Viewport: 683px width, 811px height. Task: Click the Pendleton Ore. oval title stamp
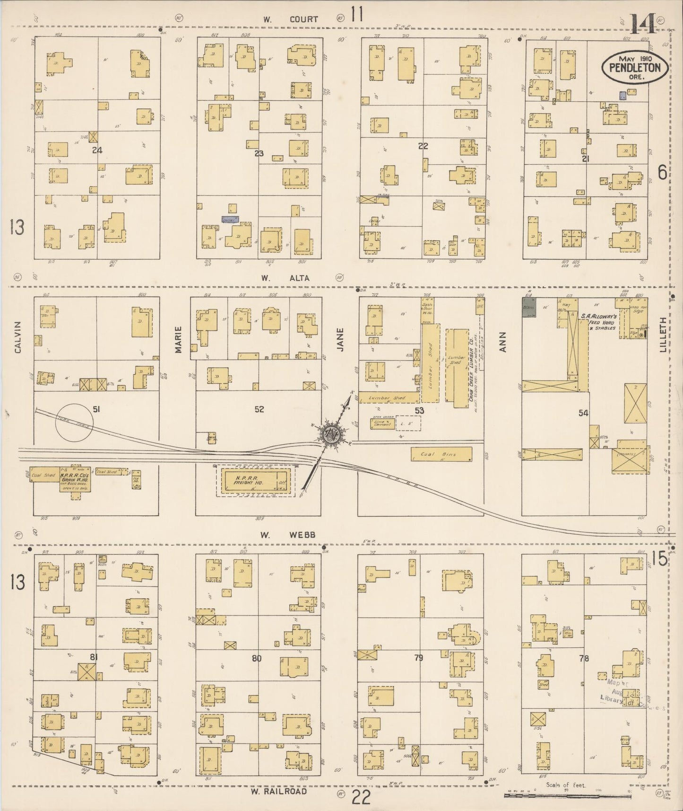[634, 67]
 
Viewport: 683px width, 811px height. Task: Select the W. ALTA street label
[286, 278]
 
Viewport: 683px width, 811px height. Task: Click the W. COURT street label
[290, 19]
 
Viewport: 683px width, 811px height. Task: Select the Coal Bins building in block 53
[441, 454]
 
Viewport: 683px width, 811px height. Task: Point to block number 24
[97, 150]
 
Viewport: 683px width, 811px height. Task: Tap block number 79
[418, 657]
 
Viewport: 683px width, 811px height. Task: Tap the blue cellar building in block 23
[230, 220]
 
